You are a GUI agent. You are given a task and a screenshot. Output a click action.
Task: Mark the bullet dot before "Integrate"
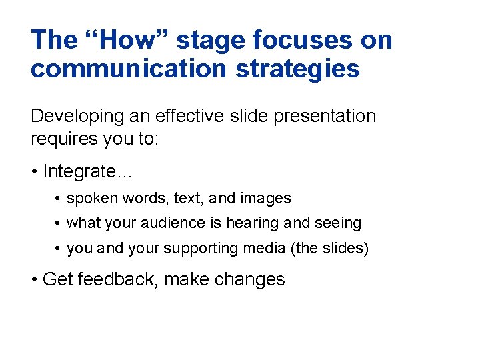pyautogui.click(x=34, y=172)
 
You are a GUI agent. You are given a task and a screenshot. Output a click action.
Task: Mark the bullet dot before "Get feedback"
pyautogui.click(x=34, y=280)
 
